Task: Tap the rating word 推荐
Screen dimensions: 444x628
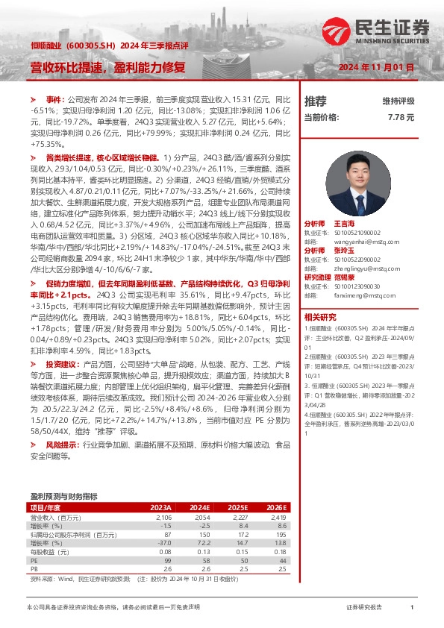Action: (316, 101)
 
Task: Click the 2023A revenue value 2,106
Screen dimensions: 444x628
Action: (163, 517)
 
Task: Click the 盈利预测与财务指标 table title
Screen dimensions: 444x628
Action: (63, 495)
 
